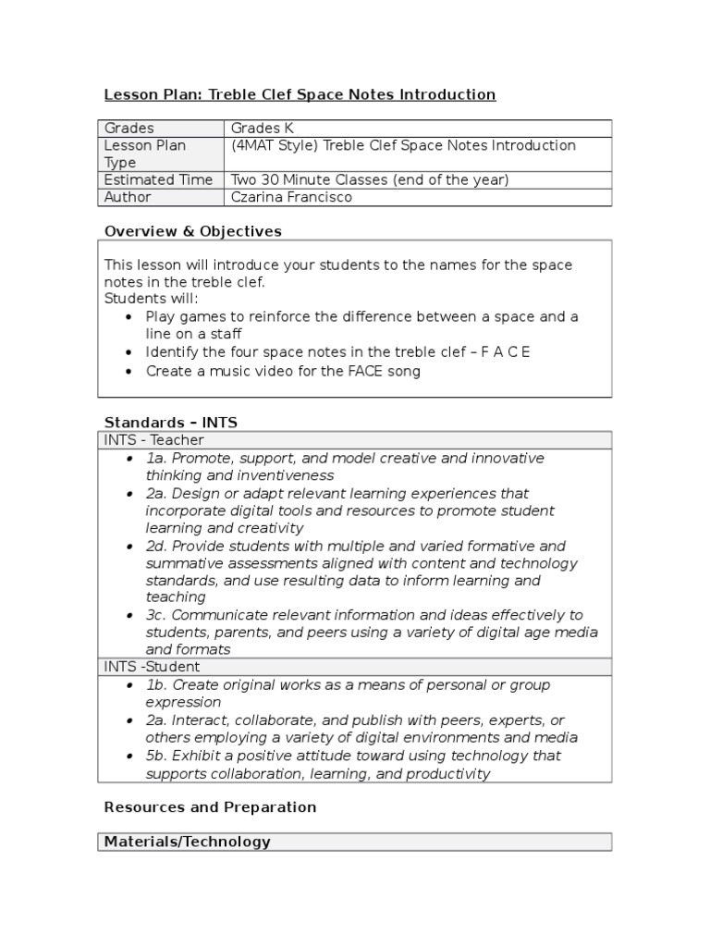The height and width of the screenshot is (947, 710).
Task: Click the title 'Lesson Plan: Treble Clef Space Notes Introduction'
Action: coord(300,94)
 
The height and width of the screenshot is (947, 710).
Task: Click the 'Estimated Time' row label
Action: coord(158,179)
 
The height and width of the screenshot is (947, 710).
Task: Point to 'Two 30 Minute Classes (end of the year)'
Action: coord(370,179)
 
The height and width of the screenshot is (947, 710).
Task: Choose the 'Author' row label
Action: coord(128,197)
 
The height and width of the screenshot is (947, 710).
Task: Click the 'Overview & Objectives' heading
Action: coord(192,231)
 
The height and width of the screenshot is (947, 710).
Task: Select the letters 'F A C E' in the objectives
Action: coord(506,352)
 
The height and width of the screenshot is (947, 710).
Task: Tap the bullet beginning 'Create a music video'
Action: coord(283,371)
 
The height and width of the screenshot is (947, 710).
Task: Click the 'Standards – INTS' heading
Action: coord(170,423)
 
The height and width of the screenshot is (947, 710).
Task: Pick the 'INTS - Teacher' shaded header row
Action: coord(154,440)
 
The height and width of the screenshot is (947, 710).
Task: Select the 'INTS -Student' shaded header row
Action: coord(152,667)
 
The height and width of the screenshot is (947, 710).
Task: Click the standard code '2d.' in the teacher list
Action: coord(156,547)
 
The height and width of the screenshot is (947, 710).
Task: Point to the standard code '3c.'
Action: coord(156,615)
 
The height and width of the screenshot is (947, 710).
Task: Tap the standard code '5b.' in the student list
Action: coord(156,756)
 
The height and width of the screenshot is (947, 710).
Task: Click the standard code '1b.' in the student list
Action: coord(156,685)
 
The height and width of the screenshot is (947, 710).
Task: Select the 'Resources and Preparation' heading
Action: coord(210,807)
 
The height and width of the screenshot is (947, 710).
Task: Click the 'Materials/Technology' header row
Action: coord(188,842)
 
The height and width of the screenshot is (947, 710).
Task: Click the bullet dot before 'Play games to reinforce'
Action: coord(129,317)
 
